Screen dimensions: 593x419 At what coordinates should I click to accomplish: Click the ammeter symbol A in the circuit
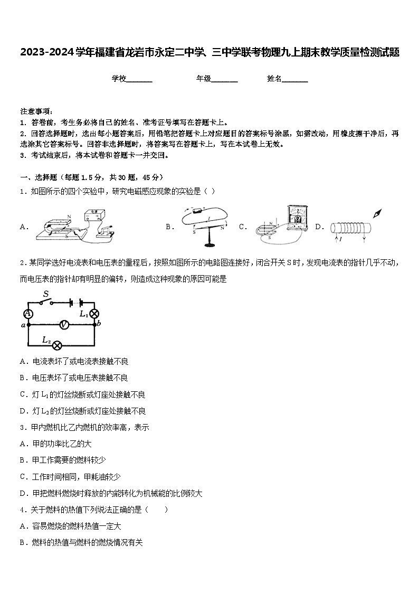pyautogui.click(x=29, y=314)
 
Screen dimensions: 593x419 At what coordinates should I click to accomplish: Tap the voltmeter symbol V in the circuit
pyautogui.click(x=63, y=325)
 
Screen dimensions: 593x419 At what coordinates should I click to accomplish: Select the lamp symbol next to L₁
pyautogui.click(x=95, y=314)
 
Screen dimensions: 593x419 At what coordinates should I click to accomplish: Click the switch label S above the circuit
pyautogui.click(x=46, y=294)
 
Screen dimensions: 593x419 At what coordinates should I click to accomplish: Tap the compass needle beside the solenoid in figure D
pyautogui.click(x=378, y=213)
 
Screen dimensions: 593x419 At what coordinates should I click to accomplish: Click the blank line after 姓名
pyautogui.click(x=295, y=79)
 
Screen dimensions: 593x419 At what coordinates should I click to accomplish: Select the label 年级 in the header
pyautogui.click(x=204, y=79)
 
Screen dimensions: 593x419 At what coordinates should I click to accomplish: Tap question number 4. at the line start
pyautogui.click(x=23, y=510)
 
